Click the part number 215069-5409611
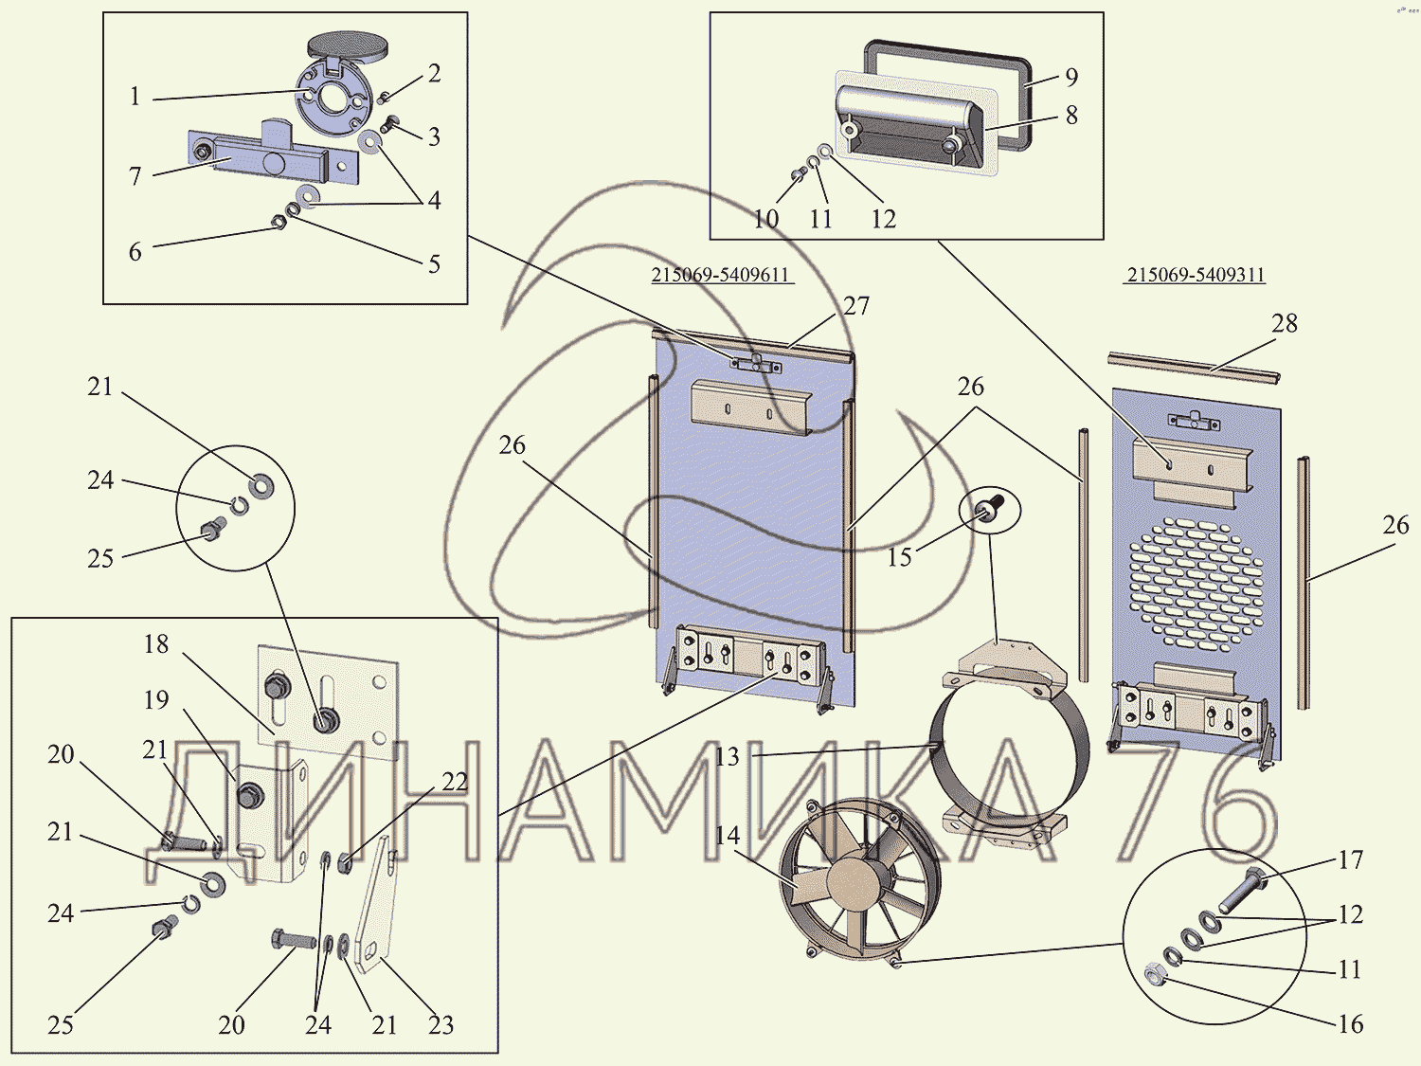pos(720,275)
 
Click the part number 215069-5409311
pos(1196,275)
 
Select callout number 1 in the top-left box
pos(135,97)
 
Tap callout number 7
pos(135,176)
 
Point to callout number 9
pos(1071,78)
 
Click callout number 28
pos(1285,324)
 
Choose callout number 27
pos(856,306)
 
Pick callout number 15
pos(899,557)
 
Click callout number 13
pos(728,757)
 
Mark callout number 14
pos(728,836)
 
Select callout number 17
pos(1351,860)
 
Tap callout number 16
pos(1351,1024)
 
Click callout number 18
pos(156,644)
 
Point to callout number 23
pos(441,1025)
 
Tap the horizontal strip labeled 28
pos(1194,368)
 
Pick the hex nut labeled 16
pos(1155,973)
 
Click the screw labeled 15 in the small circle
pos(990,510)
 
